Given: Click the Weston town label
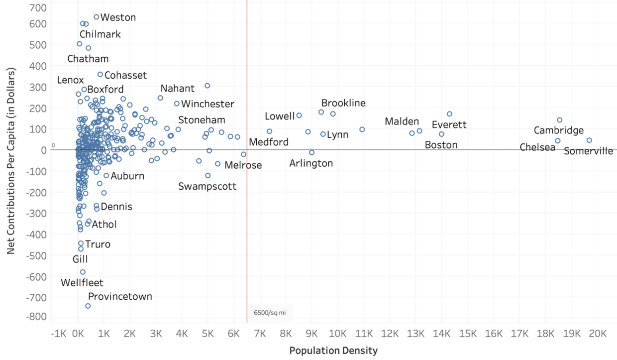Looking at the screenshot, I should tap(118, 17).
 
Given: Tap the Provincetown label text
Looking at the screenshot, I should tap(120, 297).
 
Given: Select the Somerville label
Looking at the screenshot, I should tap(589, 151).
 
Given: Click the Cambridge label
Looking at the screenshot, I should tap(559, 130).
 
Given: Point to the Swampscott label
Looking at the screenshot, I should tap(207, 187).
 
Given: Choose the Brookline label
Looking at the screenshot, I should tap(343, 104).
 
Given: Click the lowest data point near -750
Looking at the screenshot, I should tap(88, 306).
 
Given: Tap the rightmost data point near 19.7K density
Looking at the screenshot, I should tap(589, 140).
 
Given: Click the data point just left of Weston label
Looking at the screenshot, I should tap(97, 17).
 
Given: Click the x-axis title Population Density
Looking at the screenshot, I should tap(333, 351).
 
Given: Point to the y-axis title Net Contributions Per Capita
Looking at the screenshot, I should tap(11, 162).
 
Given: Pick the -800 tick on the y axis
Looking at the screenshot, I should tap(38, 317).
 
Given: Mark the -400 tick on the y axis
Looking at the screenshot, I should tap(38, 234).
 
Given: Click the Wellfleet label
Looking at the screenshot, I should tap(82, 283).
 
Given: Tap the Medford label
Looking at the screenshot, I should tap(269, 142).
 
